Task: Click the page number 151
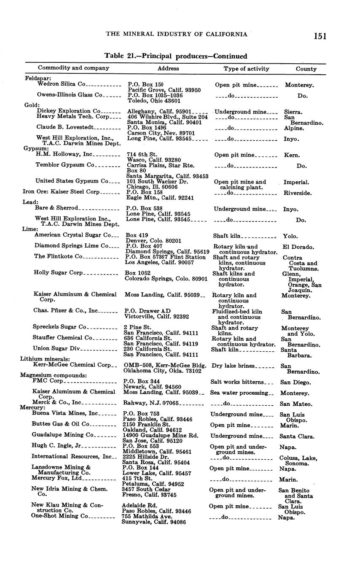point(320,36)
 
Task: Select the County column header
point(306,69)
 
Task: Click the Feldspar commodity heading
point(38,78)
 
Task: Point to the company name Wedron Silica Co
point(62,84)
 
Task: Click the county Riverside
point(298,193)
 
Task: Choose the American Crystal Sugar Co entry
point(73,235)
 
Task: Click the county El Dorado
point(298,247)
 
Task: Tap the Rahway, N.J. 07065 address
point(151,403)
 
